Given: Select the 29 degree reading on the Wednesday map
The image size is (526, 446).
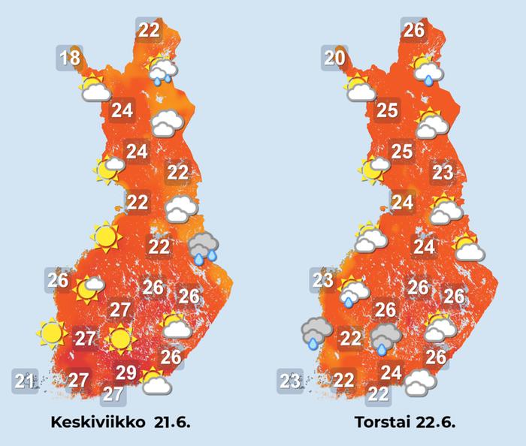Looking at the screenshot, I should click(125, 372).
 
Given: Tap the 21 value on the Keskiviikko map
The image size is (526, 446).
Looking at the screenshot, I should click(26, 381).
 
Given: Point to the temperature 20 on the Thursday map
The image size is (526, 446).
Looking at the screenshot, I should click(335, 57).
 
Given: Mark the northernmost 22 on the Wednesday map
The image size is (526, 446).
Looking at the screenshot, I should click(149, 30).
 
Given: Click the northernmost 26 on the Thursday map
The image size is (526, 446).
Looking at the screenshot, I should click(413, 30).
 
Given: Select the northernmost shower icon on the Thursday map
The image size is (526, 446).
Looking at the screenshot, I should click(427, 71).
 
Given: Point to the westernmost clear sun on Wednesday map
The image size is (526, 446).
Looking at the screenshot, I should click(51, 331).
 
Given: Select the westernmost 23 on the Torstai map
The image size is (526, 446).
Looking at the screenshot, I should click(291, 381).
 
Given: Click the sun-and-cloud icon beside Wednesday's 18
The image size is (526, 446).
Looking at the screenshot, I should click(95, 89).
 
